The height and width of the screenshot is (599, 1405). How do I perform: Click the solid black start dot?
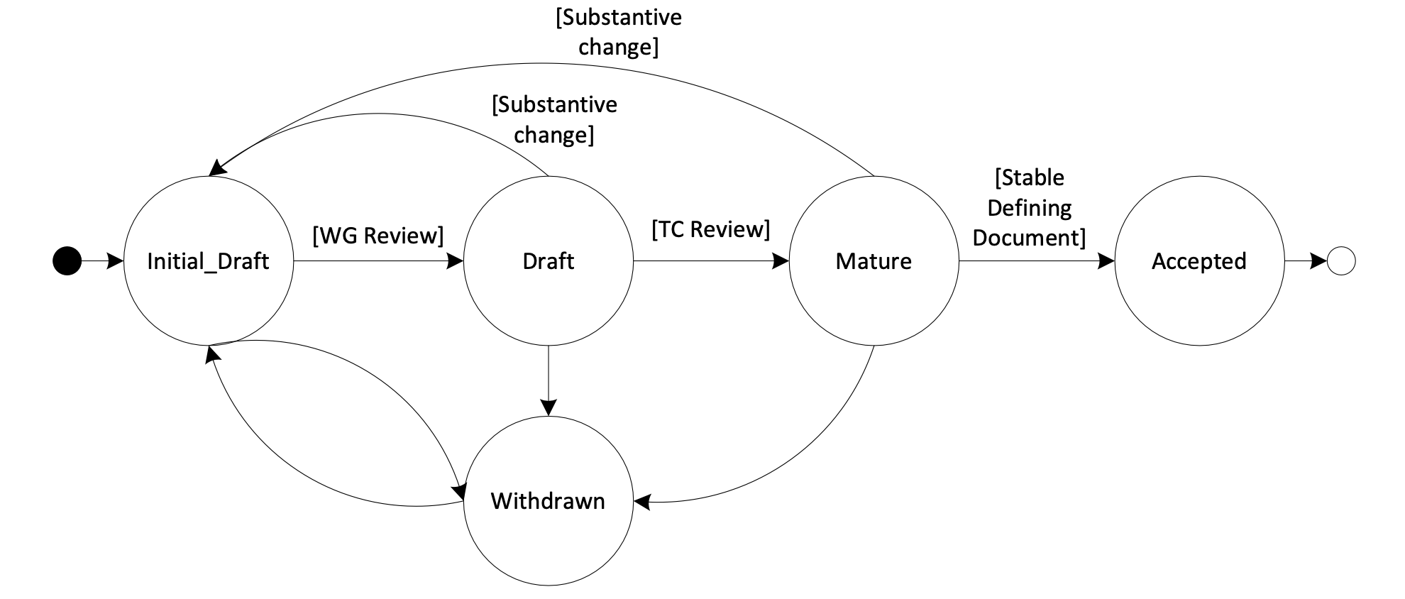click(x=67, y=261)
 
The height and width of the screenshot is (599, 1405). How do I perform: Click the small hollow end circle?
click(x=1341, y=261)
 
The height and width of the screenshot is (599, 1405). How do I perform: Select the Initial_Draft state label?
click(x=208, y=261)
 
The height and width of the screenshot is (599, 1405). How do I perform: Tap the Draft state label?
click(x=548, y=261)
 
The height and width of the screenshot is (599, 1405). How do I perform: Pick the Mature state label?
click(x=874, y=261)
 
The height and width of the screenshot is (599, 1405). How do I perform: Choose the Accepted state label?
click(x=1199, y=261)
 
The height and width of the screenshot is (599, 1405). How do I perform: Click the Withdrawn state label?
click(x=548, y=501)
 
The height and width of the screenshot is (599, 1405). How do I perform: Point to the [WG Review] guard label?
click(x=378, y=235)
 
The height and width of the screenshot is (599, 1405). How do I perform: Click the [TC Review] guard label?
click(x=710, y=229)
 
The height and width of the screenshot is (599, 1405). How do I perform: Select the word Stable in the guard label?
click(x=1030, y=177)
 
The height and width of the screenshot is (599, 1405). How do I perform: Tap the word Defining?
click(x=1029, y=208)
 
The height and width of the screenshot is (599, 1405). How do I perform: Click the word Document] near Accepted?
click(x=1029, y=238)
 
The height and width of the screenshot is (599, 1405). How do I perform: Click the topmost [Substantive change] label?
click(x=618, y=32)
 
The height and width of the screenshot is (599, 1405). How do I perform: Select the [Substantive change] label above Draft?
click(x=554, y=119)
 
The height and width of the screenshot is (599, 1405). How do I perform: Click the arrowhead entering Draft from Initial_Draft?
click(x=456, y=261)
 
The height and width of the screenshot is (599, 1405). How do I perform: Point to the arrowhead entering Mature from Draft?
click(x=781, y=261)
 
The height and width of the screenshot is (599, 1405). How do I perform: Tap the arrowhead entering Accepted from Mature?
click(x=1106, y=261)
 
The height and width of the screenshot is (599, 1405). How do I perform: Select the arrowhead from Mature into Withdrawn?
click(x=642, y=502)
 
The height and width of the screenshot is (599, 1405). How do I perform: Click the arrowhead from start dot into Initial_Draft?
click(x=116, y=261)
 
